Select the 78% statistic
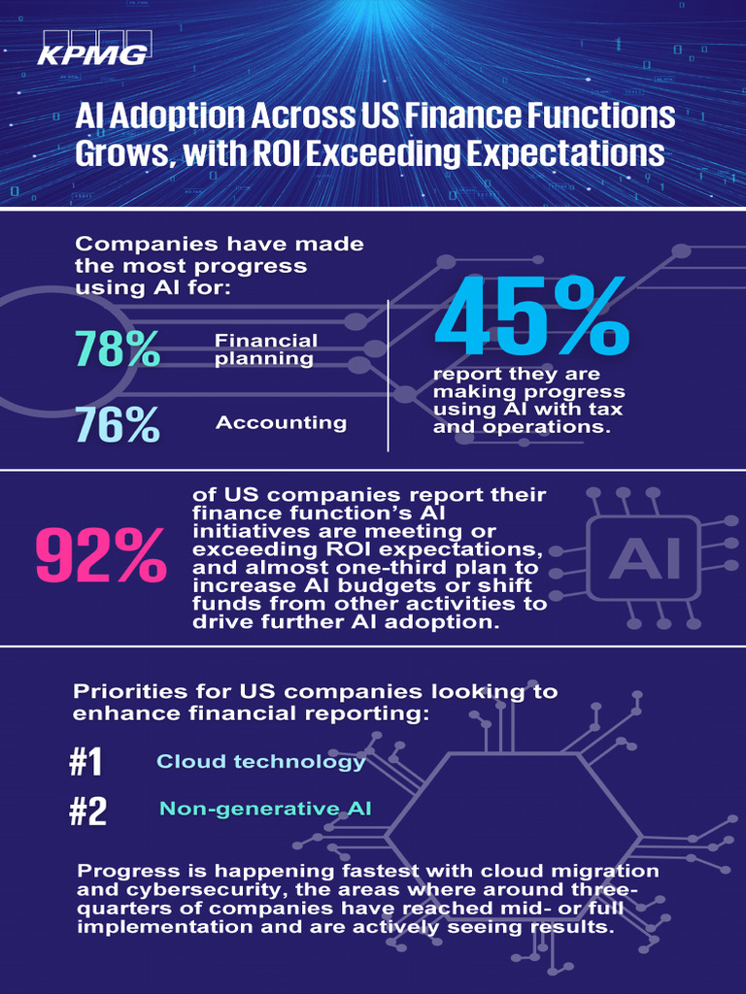[118, 349]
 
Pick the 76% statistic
[118, 425]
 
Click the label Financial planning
[265, 349]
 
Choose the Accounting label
[281, 423]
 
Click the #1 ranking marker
[85, 762]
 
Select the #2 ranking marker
[87, 811]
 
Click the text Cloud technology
[261, 762]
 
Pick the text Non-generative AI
[251, 809]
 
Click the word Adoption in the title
[177, 116]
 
